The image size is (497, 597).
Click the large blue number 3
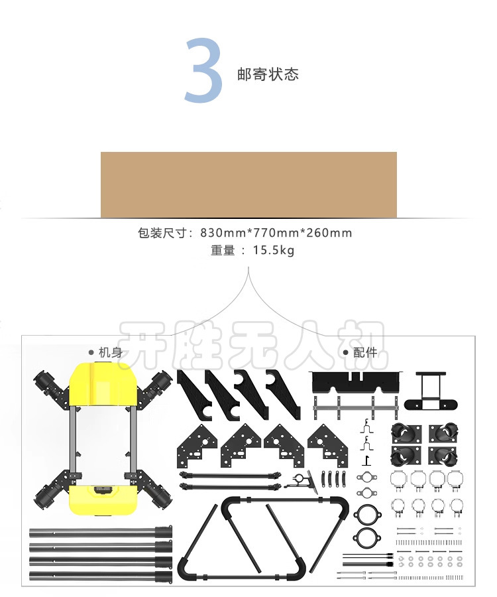[203, 71]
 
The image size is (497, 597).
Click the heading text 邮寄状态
[268, 74]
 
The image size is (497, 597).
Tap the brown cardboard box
[248, 185]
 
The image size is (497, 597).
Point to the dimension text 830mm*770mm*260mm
[276, 233]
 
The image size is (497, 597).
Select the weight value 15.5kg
[274, 250]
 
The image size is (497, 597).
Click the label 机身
[111, 352]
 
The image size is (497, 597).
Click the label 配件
[365, 352]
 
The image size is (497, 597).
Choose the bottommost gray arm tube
[101, 576]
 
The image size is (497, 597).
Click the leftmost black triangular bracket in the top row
[194, 395]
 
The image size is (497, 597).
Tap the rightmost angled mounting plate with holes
[327, 446]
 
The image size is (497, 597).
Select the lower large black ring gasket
[367, 537]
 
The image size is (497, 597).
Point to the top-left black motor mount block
[406, 433]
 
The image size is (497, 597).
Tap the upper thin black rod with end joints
[231, 475]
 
